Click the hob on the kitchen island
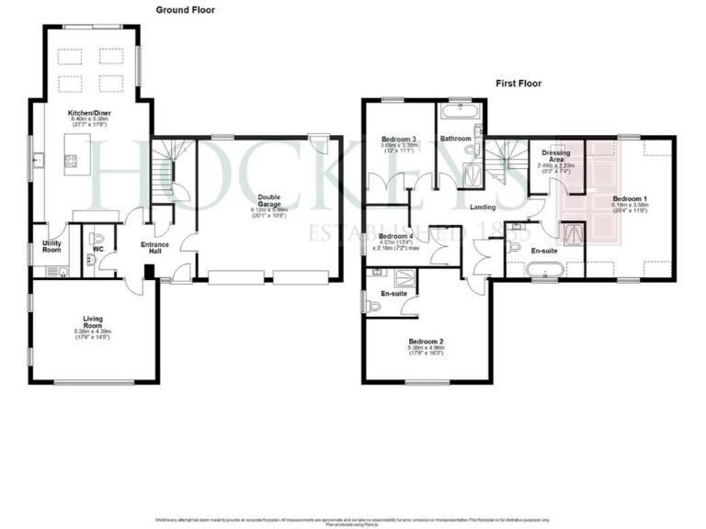coord(71,162)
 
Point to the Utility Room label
coord(51,246)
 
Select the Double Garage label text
coord(268,200)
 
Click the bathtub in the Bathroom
coord(457,113)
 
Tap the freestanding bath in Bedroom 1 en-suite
coord(544,270)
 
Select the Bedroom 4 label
coord(395,237)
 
